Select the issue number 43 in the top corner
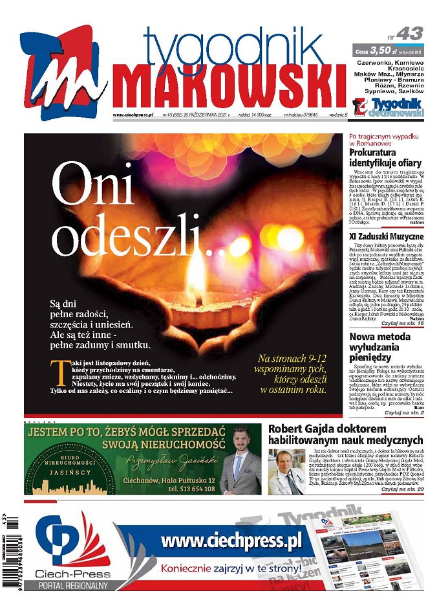(409, 34)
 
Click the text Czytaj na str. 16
(403, 322)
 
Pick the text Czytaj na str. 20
(403, 489)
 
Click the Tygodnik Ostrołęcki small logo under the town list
(388, 107)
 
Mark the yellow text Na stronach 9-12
(292, 358)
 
